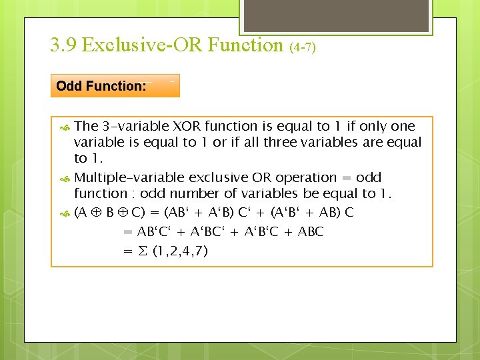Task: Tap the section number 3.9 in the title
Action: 63,45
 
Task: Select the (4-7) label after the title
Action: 303,47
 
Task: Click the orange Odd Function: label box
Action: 115,85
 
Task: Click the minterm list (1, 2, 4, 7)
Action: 180,251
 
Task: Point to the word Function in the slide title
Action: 246,45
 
